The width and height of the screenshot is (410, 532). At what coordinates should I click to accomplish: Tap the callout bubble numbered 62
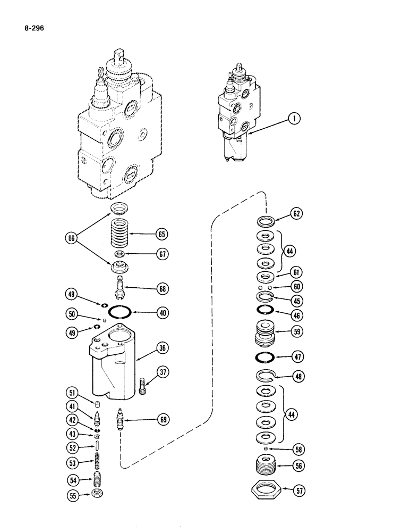click(296, 215)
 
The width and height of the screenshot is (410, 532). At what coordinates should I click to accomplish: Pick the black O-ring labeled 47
click(264, 356)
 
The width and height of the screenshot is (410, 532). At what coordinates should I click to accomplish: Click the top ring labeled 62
click(264, 220)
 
